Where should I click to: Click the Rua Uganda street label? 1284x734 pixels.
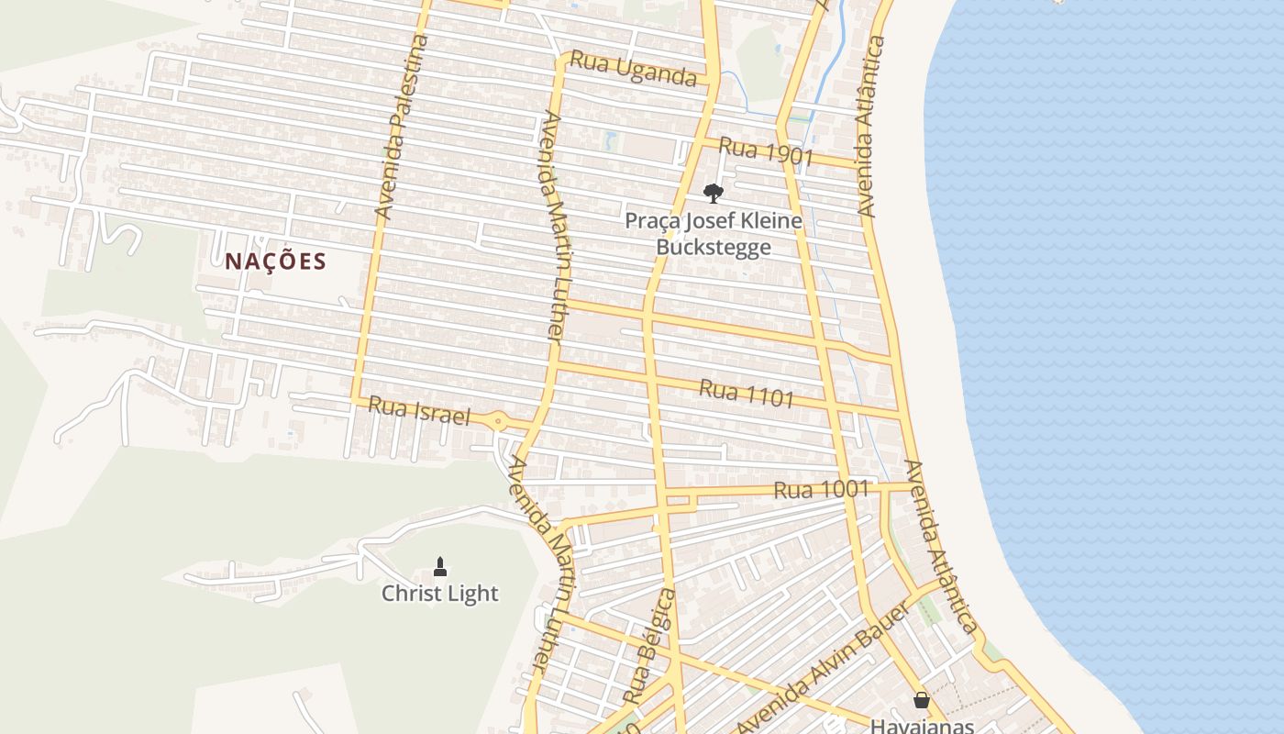coord(633,69)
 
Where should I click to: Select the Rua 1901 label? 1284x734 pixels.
coord(766,151)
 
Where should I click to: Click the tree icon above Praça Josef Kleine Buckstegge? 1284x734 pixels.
coord(713,193)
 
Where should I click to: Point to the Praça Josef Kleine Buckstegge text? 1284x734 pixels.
coord(713,234)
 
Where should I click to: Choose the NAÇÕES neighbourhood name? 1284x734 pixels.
coord(275,261)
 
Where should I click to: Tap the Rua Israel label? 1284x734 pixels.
coord(419,411)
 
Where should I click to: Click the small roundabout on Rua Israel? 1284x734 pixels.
coord(498,422)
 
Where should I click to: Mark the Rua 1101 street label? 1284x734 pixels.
coord(746,393)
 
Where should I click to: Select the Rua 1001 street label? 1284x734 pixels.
coord(820,490)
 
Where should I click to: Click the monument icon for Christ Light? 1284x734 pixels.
coord(440,566)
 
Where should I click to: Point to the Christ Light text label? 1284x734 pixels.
coord(440,594)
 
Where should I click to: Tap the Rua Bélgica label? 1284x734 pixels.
coord(648,647)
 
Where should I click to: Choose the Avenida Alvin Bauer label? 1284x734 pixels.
coord(822,666)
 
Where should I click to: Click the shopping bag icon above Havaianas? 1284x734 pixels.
coord(922,700)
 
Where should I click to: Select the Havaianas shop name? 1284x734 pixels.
coord(922,725)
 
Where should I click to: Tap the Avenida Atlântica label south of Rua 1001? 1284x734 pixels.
coord(939,546)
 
